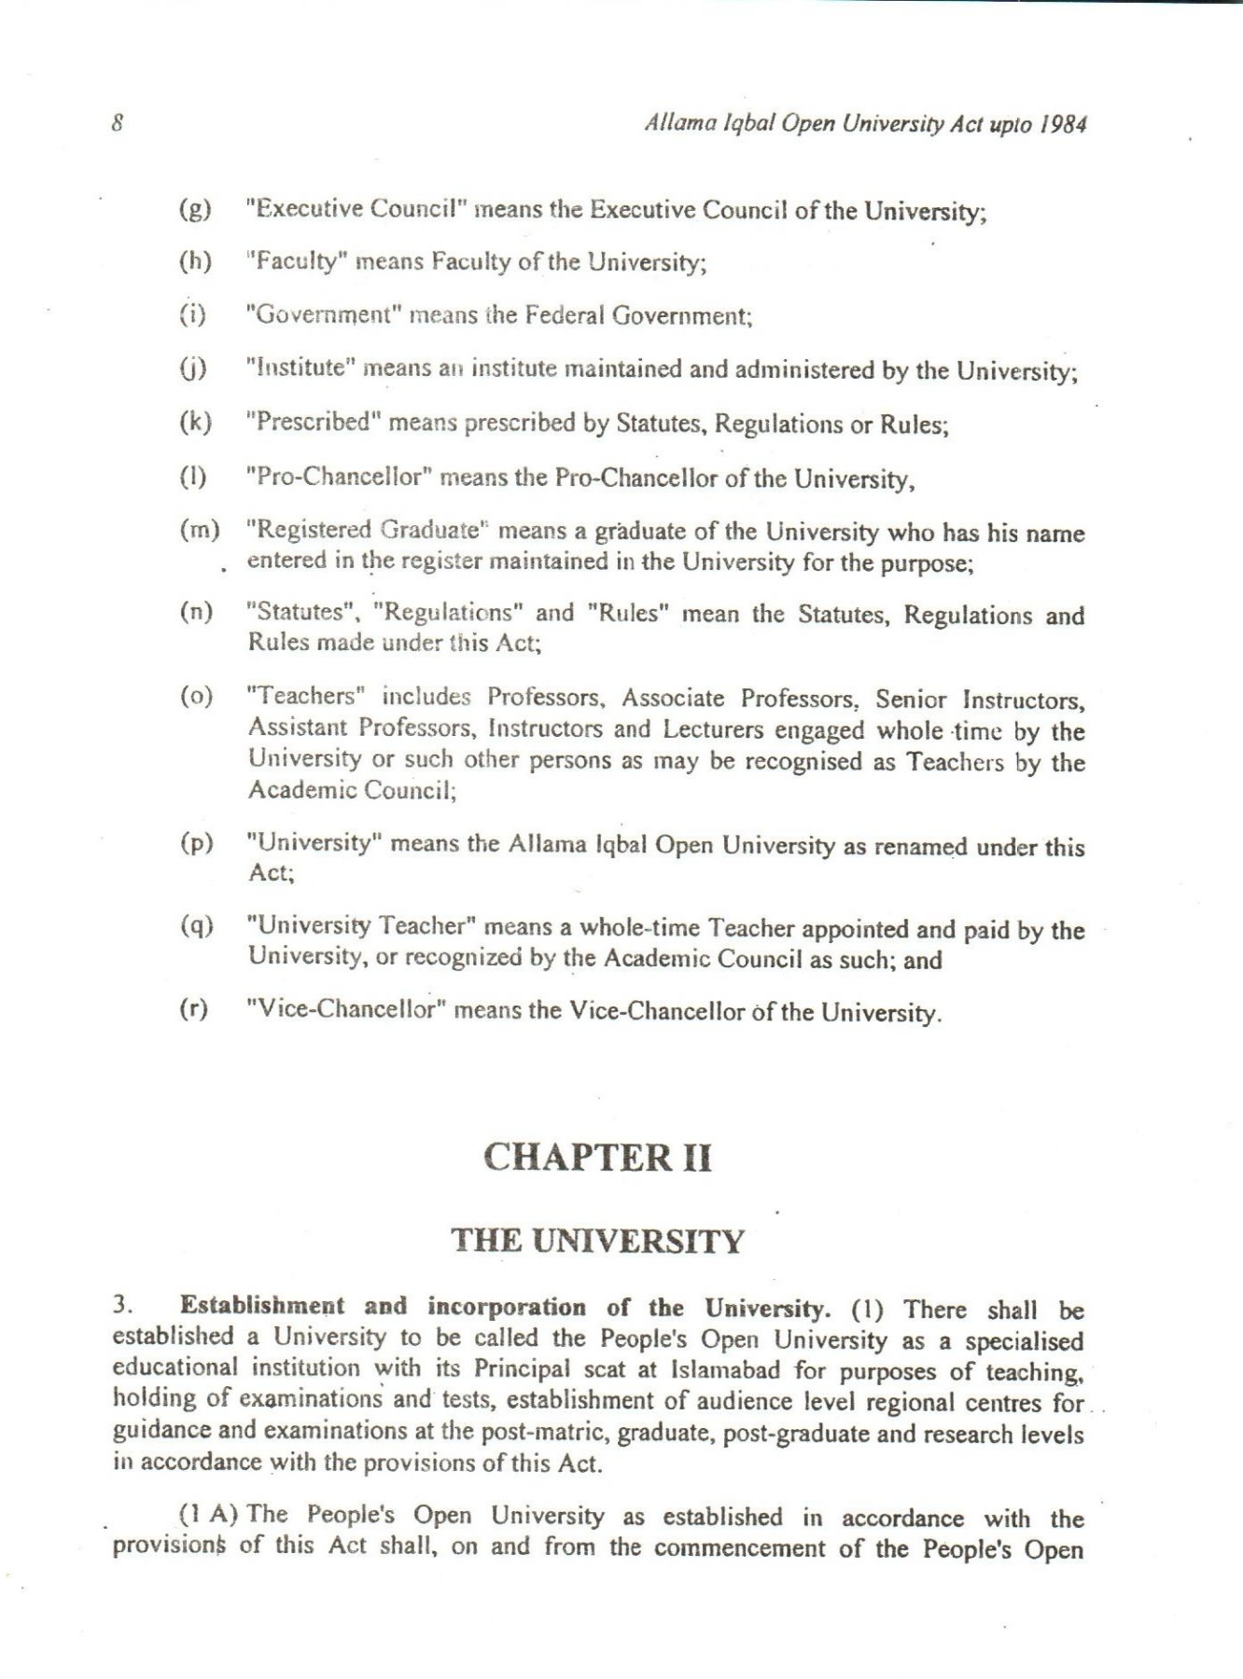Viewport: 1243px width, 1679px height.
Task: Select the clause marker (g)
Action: tap(194, 209)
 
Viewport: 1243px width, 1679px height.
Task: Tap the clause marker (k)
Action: tap(194, 422)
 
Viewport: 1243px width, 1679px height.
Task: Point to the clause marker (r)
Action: tap(194, 1009)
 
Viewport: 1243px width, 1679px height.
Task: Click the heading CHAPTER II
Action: tap(597, 1158)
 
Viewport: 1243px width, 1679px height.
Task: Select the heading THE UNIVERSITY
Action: tap(597, 1242)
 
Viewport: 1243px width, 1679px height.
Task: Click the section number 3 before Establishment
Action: tap(119, 1307)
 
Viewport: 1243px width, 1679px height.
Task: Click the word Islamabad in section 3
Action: tap(725, 1370)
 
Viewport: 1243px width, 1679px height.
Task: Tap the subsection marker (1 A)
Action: tap(210, 1515)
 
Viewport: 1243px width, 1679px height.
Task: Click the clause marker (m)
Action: tap(199, 531)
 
